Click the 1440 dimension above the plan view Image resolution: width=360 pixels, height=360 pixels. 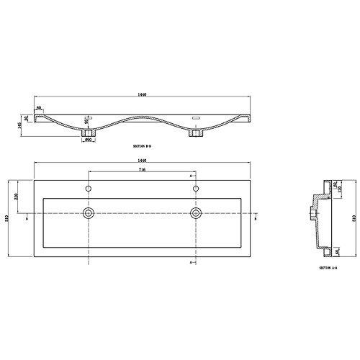point(141,161)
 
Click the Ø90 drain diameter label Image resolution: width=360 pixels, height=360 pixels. point(87,140)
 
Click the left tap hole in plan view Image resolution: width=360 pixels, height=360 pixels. point(88,189)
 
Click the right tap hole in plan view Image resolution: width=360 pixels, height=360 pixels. point(195,189)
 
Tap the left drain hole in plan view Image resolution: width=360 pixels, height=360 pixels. point(88,213)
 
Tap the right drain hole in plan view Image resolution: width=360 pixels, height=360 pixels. point(195,213)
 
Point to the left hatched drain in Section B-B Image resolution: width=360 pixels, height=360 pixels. point(88,133)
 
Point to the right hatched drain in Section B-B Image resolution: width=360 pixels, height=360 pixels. point(195,133)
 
